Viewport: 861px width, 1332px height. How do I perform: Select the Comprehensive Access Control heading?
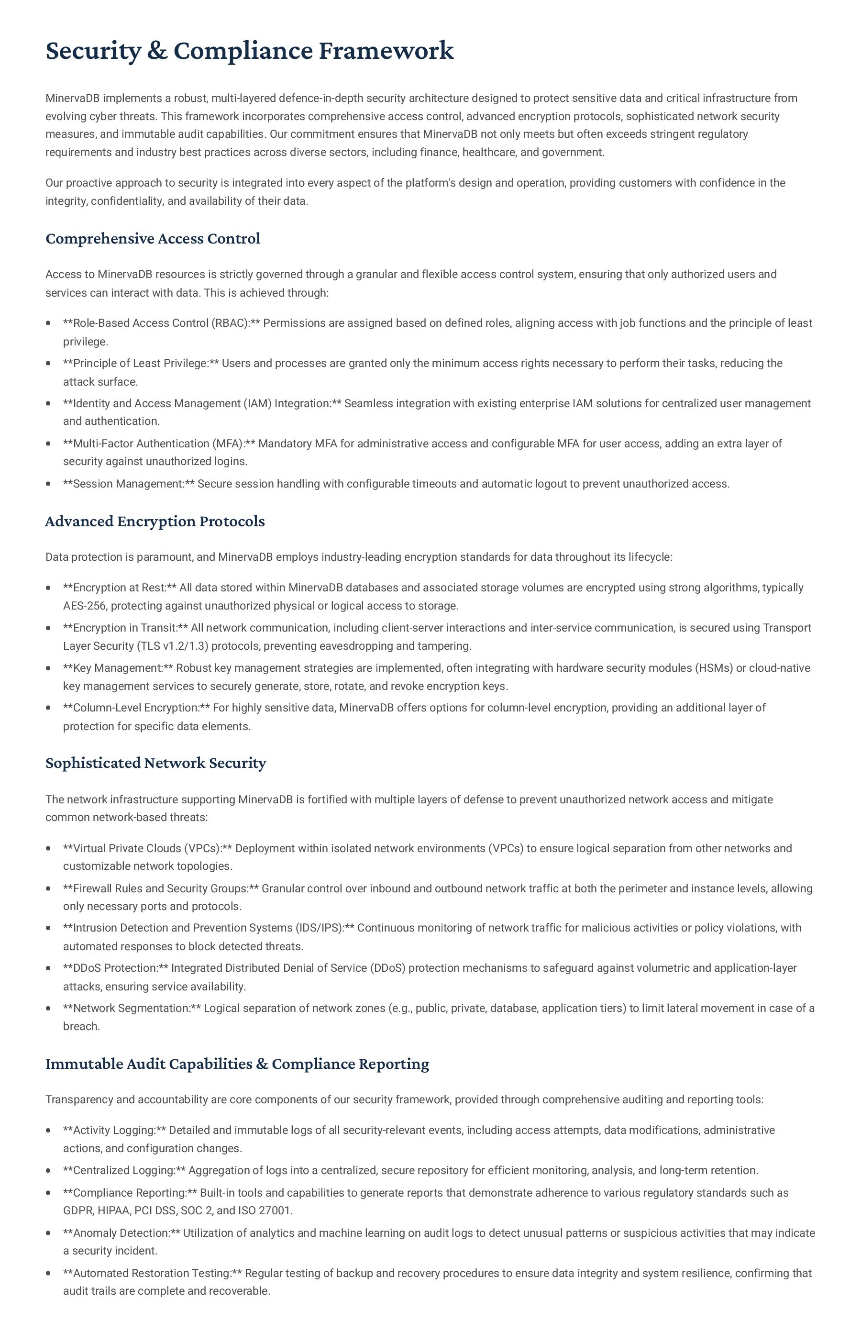coord(153,239)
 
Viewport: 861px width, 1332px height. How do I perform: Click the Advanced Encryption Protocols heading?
coord(155,521)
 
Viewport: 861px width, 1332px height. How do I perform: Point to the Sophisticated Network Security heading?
coord(155,763)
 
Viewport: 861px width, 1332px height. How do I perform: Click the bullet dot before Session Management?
coord(49,484)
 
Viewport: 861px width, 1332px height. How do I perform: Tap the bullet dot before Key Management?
coord(49,668)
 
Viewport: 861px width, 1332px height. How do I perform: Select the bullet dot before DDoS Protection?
coord(49,968)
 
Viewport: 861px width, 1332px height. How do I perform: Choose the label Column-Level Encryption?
coord(136,708)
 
